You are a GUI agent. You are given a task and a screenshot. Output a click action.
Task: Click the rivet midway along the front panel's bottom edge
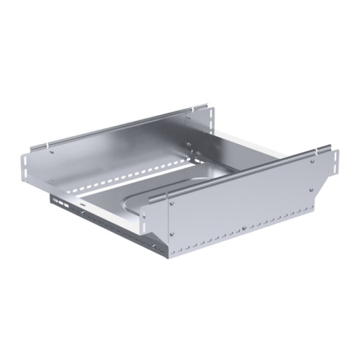coord(243,229)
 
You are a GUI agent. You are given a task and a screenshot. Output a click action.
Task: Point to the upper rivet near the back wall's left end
coord(52,151)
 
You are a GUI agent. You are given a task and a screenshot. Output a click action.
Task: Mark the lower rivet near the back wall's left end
coord(52,180)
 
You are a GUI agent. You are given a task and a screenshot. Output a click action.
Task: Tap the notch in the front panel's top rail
coord(318,152)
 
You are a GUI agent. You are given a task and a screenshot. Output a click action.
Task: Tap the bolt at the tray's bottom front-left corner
coord(84,214)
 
